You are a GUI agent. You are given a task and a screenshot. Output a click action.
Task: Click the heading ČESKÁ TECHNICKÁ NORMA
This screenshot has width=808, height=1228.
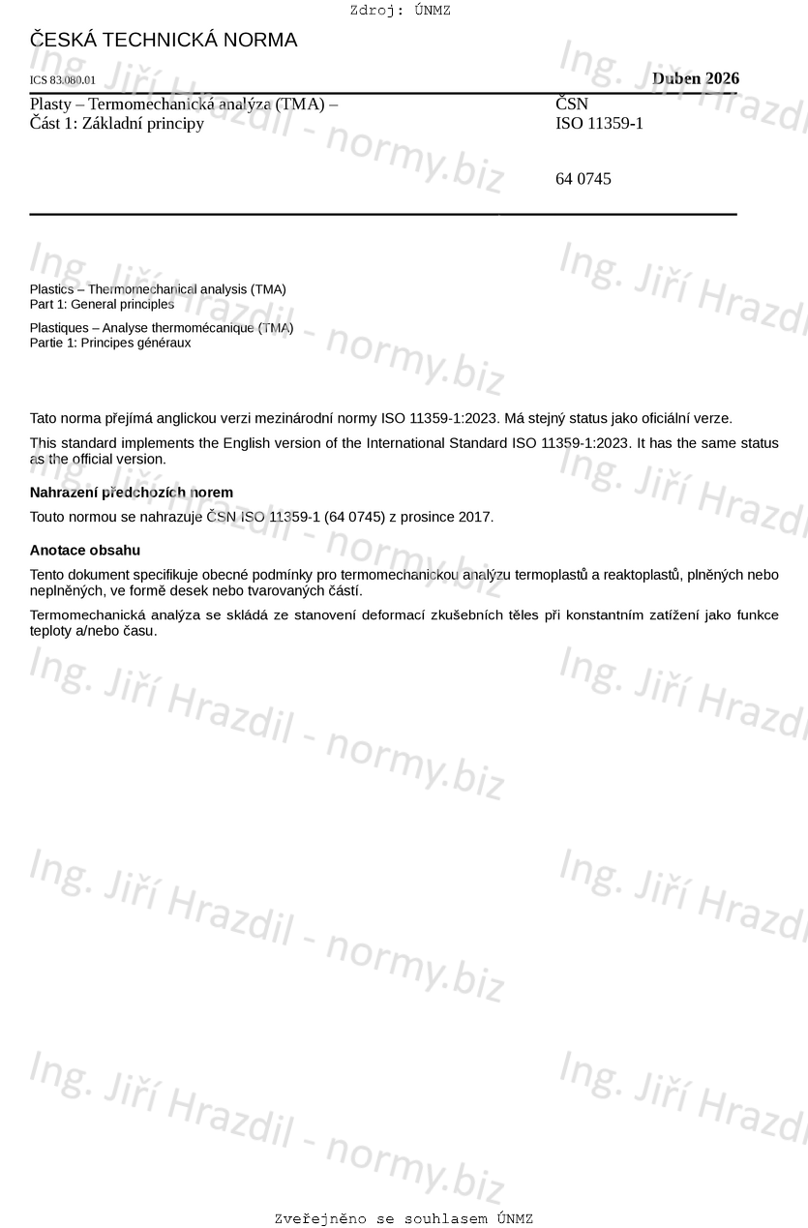click(x=164, y=41)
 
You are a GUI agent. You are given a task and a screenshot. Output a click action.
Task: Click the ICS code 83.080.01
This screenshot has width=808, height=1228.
click(x=63, y=80)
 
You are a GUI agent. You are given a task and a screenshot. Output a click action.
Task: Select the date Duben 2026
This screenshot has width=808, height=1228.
click(x=695, y=78)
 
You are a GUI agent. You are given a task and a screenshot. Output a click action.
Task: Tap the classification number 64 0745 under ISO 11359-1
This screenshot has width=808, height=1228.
click(x=583, y=179)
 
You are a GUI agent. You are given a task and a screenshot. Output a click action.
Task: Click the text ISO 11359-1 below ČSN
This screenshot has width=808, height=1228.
click(x=599, y=123)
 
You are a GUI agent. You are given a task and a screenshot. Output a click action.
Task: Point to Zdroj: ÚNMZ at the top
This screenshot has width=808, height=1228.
click(x=400, y=11)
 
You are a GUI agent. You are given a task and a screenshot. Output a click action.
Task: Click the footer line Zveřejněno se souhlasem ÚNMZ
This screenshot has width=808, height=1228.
click(x=404, y=1218)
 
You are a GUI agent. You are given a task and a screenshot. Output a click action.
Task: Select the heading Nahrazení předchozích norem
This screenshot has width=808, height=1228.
click(x=131, y=493)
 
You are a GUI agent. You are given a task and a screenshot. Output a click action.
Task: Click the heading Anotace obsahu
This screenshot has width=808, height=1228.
click(x=85, y=551)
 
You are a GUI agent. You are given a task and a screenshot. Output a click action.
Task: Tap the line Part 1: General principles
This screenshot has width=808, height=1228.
click(x=102, y=304)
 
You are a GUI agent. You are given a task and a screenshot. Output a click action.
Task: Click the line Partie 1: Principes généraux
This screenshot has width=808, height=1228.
click(x=110, y=343)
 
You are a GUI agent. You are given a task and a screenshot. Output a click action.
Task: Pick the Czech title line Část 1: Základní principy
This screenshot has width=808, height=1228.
click(x=117, y=123)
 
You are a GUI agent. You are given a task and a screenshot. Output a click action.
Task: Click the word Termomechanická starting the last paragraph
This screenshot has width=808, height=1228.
click(x=88, y=614)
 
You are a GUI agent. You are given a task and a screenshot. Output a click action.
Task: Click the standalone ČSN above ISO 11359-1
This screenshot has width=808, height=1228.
click(x=571, y=104)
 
